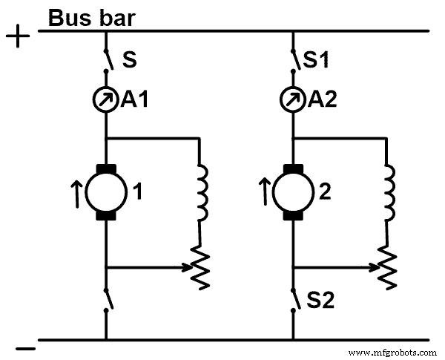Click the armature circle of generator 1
click(107, 192)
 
